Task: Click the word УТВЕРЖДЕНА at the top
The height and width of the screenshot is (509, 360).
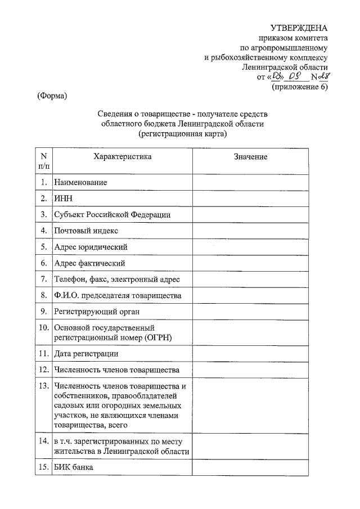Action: tap(298, 28)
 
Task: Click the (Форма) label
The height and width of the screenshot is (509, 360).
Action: tap(52, 96)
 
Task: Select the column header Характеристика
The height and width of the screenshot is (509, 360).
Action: tap(122, 157)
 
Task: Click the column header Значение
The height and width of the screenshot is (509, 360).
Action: tap(250, 157)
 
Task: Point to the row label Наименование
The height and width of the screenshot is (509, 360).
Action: tap(80, 183)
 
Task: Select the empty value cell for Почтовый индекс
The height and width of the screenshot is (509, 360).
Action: tap(250, 231)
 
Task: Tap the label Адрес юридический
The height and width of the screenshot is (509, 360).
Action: tap(91, 247)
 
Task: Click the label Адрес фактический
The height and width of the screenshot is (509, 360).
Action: tap(89, 263)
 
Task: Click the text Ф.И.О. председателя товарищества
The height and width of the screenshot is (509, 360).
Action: tap(118, 295)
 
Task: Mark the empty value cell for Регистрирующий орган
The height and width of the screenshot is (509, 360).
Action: tap(250, 311)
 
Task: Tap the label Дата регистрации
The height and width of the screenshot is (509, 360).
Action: tap(86, 354)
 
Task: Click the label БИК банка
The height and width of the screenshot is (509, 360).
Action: tap(74, 468)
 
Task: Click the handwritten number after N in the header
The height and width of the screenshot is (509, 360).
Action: tap(321, 76)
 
